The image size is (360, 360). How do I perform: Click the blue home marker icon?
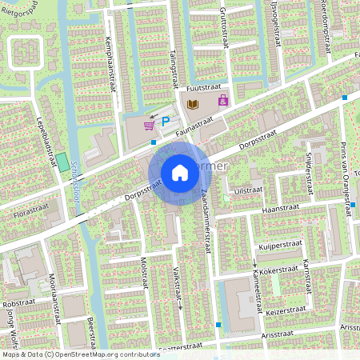point(180,173)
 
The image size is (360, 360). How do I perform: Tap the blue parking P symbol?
point(166,121)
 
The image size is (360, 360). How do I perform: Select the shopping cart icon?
point(149,125)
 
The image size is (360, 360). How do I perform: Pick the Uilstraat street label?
point(248,190)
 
